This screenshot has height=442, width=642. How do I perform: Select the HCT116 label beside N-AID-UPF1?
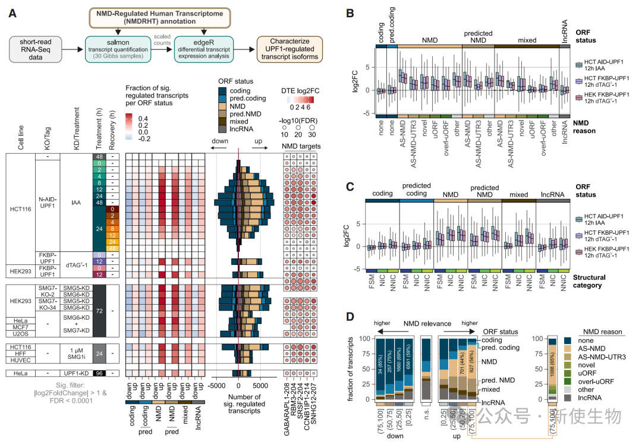point(20,208)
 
